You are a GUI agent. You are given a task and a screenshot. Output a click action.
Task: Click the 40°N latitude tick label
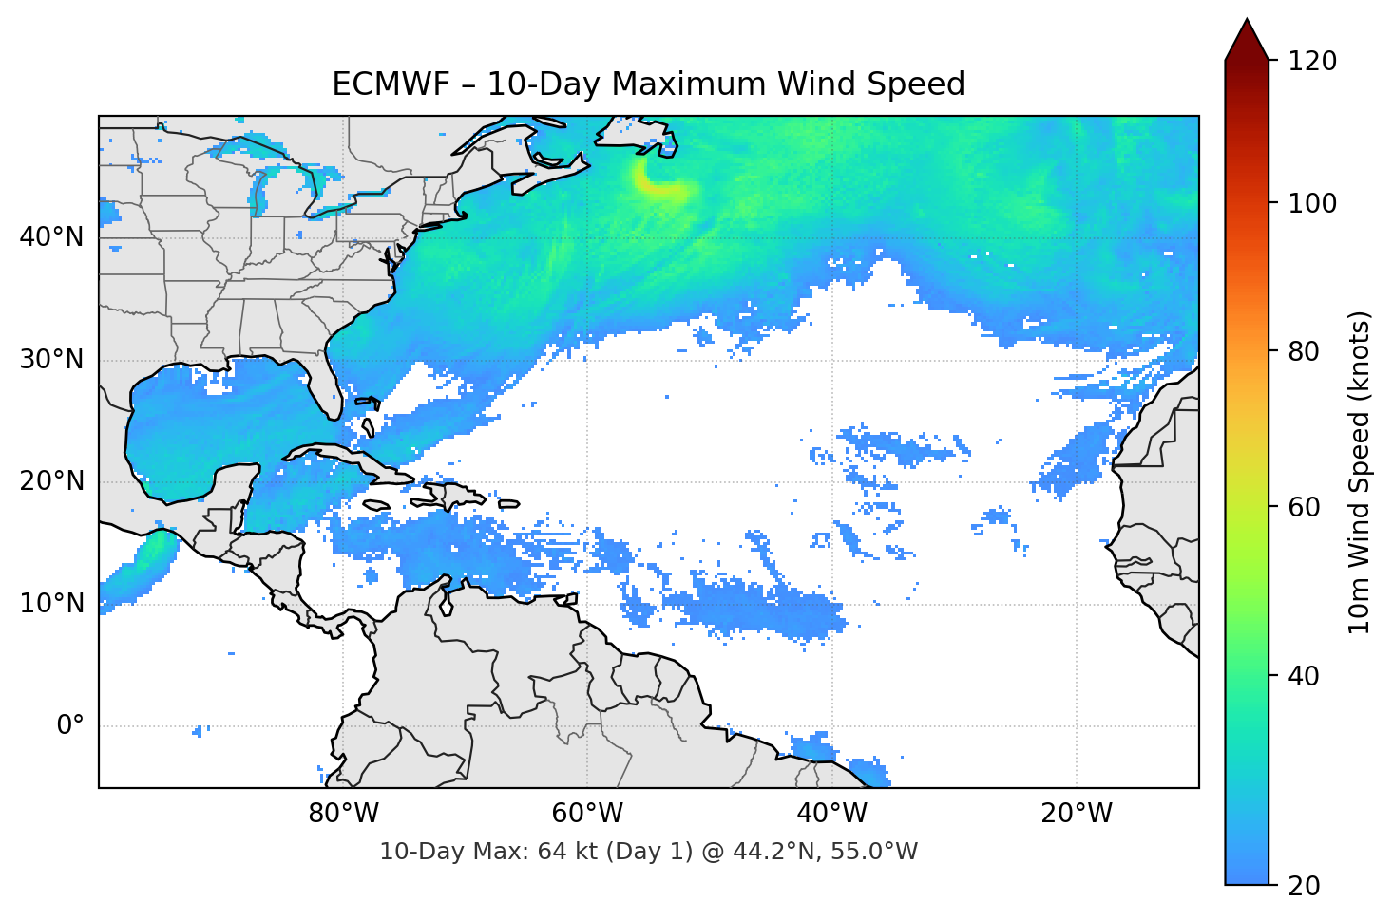(x=50, y=237)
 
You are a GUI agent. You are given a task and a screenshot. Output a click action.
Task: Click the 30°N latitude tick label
(x=50, y=360)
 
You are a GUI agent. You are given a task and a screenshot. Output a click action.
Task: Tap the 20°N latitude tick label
(x=50, y=481)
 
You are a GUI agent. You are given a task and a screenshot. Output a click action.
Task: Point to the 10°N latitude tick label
(x=50, y=604)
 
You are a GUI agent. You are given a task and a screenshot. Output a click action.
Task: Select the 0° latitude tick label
(x=70, y=726)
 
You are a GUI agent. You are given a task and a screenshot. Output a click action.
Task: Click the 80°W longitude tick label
(x=344, y=814)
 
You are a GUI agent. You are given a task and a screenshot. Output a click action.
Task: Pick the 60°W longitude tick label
(x=588, y=814)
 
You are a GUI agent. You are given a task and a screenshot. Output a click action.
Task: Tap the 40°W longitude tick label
(x=832, y=814)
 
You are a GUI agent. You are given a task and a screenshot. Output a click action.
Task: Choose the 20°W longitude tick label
(x=1077, y=814)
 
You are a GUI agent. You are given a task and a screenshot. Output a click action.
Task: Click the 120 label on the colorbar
(x=1312, y=61)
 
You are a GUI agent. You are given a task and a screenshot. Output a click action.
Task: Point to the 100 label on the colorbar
(x=1312, y=203)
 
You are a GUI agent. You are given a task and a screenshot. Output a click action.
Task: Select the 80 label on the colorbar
(x=1305, y=351)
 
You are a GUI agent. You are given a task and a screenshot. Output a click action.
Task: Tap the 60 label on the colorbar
(x=1305, y=507)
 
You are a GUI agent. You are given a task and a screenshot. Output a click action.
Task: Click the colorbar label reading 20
(x=1305, y=886)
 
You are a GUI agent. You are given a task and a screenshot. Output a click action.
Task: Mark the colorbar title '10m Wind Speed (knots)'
(x=1360, y=472)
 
